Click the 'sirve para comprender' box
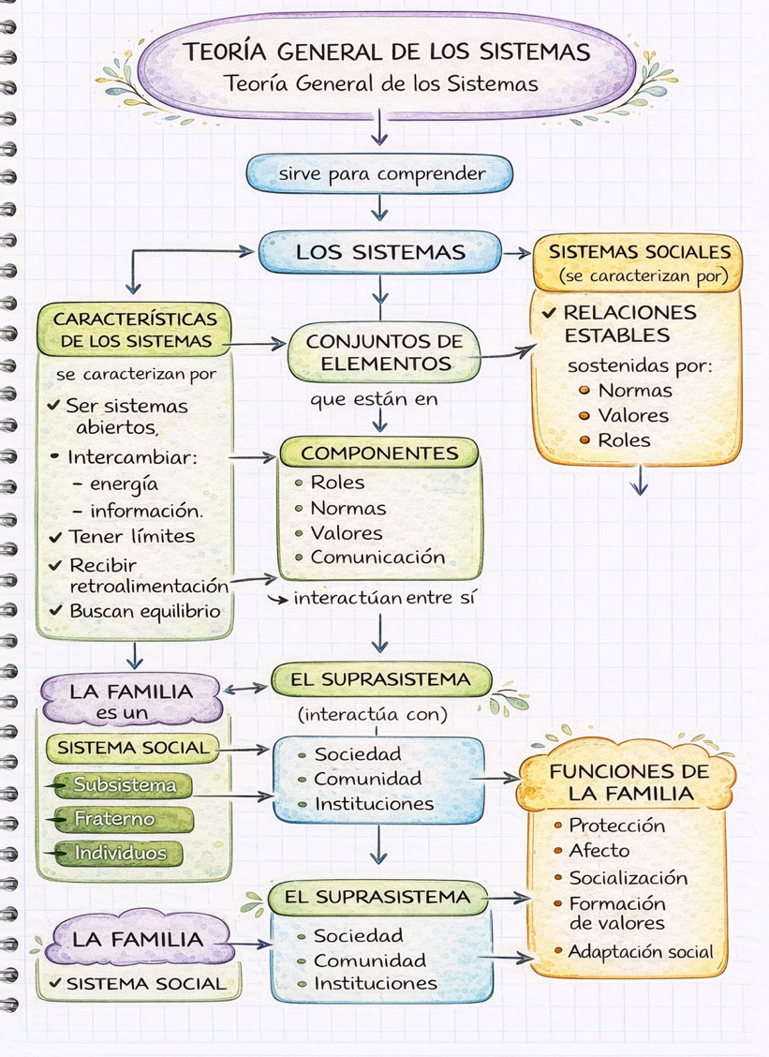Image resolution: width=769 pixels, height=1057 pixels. click(380, 174)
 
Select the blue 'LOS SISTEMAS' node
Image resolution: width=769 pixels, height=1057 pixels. click(380, 252)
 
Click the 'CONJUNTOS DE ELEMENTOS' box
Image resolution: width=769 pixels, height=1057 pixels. click(384, 352)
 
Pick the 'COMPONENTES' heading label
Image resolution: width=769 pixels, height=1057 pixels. click(379, 454)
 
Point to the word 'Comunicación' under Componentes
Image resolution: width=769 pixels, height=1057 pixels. click(377, 557)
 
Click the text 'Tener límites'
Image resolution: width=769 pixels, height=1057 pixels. click(131, 536)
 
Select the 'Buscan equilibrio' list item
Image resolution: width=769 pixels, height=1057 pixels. click(144, 610)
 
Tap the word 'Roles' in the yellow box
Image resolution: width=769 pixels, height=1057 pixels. click(624, 439)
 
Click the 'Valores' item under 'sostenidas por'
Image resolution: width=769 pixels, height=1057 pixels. click(633, 415)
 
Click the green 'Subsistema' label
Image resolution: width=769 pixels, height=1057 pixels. click(124, 785)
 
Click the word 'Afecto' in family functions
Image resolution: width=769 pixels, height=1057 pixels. click(599, 851)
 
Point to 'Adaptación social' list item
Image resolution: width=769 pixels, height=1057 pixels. click(641, 951)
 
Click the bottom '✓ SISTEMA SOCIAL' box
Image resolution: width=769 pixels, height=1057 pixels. click(139, 984)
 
